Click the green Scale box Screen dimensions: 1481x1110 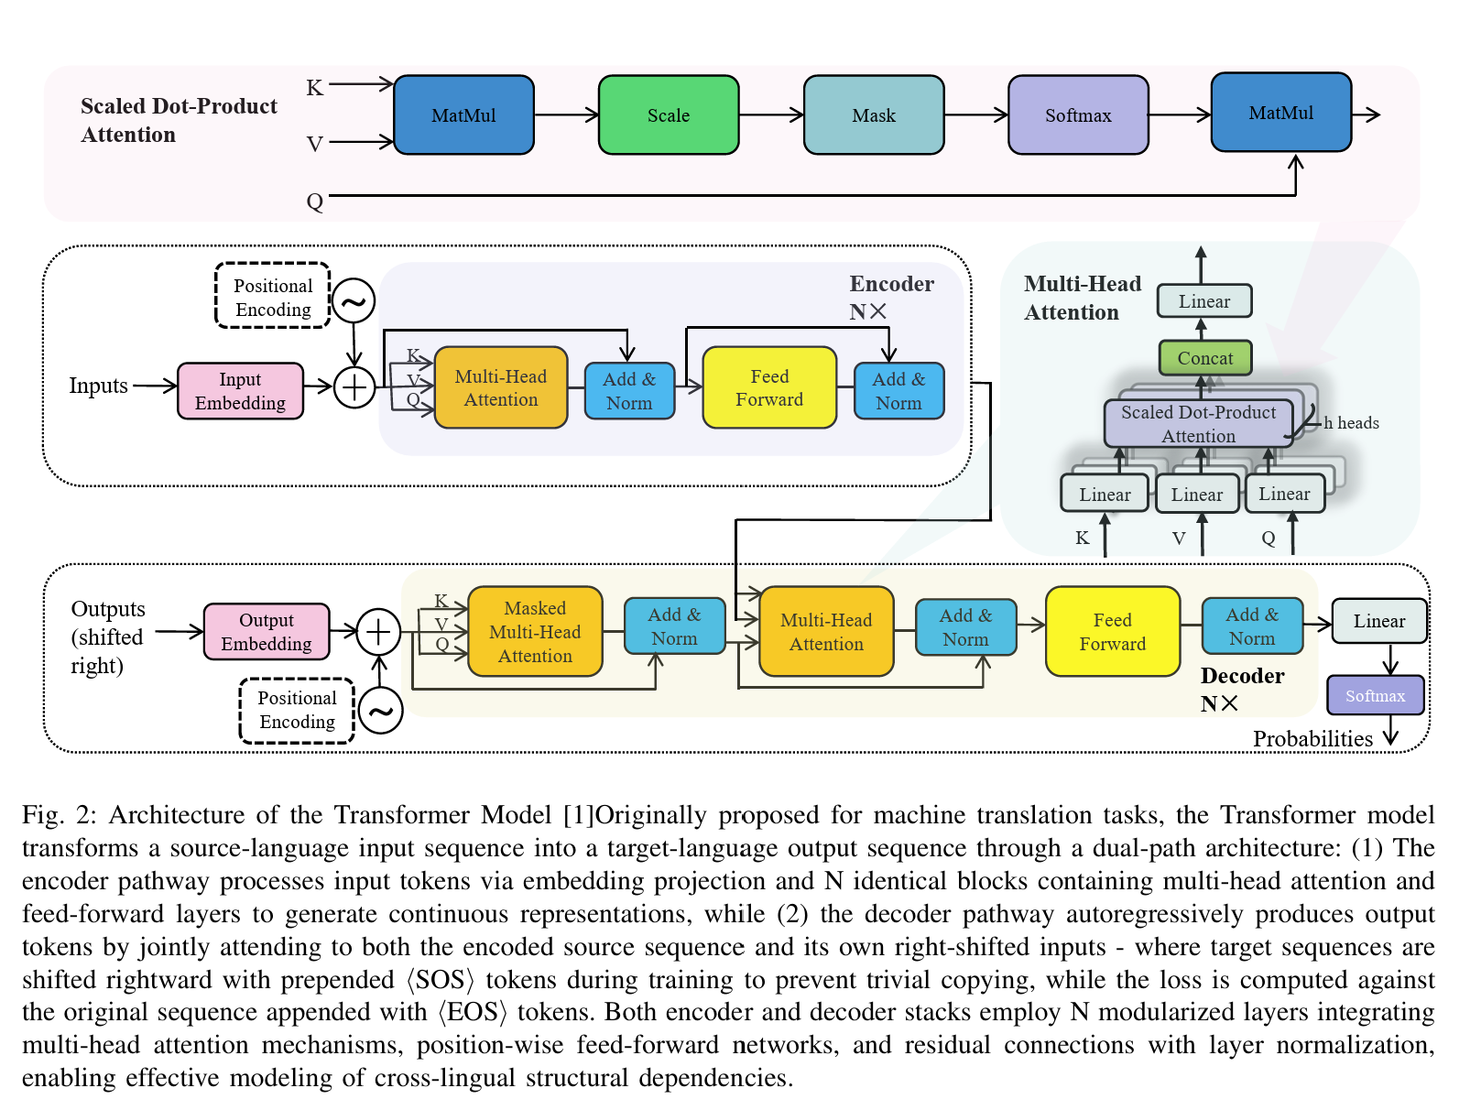pos(668,114)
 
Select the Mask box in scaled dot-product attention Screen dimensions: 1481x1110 pos(874,114)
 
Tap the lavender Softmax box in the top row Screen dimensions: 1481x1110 pos(1078,114)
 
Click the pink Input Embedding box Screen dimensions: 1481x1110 pos(240,390)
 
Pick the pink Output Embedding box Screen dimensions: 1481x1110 pos(267,631)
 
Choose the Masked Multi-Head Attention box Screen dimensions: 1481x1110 pos(535,631)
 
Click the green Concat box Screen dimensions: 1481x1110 pos(1205,357)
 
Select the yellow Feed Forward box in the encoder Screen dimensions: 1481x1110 pos(769,387)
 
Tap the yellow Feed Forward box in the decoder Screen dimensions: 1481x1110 pos(1113,631)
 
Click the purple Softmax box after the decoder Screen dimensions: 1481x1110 pos(1375,695)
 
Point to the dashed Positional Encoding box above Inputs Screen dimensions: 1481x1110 pos(273,296)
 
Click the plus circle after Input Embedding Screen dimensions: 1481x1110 pos(354,387)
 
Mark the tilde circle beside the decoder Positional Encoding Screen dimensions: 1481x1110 pos(380,710)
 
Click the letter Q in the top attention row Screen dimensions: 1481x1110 pos(314,201)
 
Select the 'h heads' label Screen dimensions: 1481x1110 pos(1351,423)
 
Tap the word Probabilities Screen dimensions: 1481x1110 pos(1313,739)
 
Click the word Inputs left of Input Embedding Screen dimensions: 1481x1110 pos(99,386)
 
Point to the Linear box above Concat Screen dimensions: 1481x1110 pos(1204,300)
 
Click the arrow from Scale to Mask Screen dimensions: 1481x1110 pos(771,114)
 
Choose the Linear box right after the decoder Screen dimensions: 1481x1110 pos(1379,620)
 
